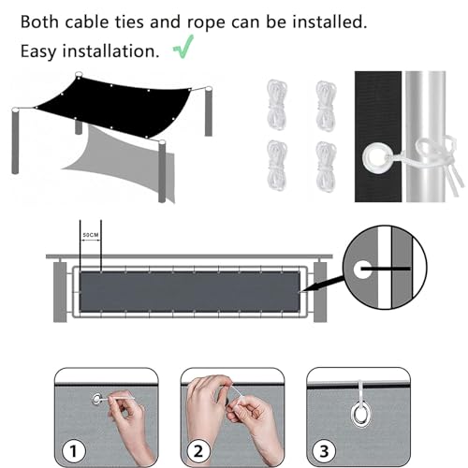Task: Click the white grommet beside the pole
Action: tap(382, 154)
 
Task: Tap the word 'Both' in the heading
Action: tap(39, 20)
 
